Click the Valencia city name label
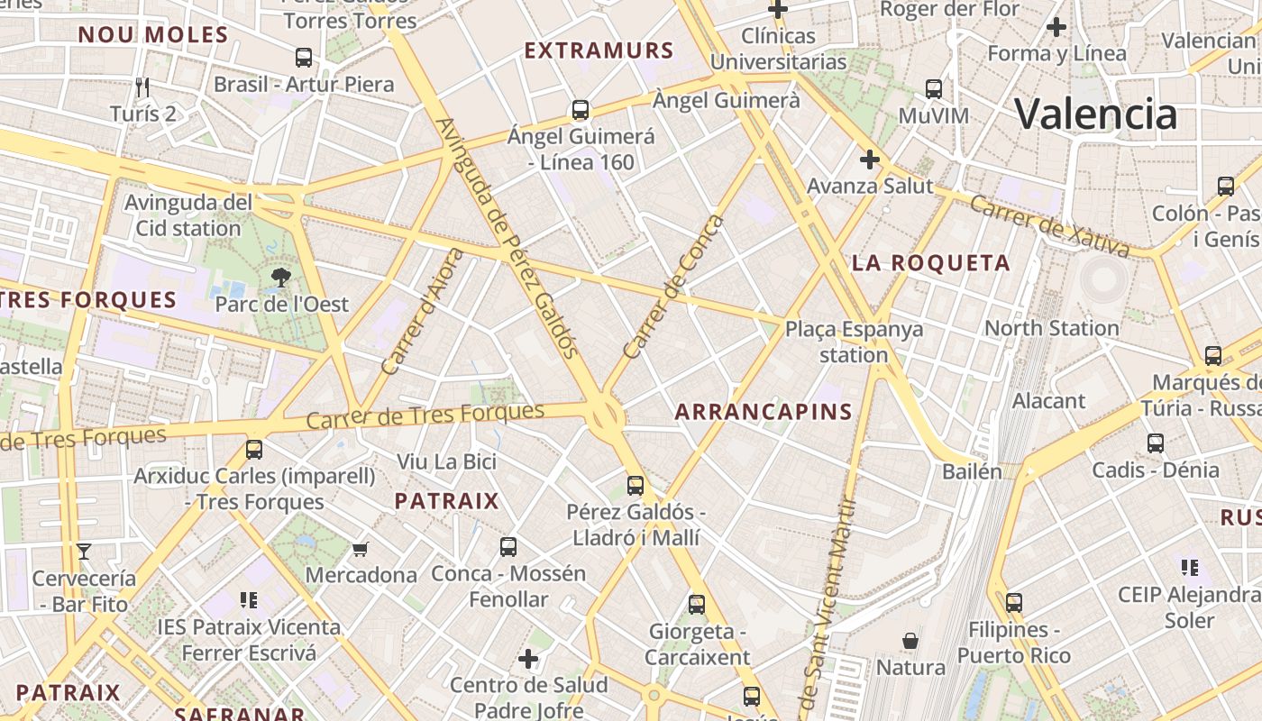coord(1095,114)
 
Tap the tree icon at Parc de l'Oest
coord(281,278)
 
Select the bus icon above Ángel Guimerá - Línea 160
coord(581,110)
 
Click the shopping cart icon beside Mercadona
coord(361,549)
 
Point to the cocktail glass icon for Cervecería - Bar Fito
coord(84,552)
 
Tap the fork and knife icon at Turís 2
coord(142,87)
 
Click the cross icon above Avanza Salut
coord(870,160)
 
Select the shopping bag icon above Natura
coord(910,641)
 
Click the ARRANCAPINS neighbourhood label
coord(764,412)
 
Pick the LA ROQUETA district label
coord(931,263)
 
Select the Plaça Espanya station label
coord(854,342)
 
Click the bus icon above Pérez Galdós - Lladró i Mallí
coord(636,486)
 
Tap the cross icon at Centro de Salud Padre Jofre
coord(528,659)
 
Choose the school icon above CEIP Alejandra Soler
coord(1190,568)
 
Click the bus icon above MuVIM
coord(934,89)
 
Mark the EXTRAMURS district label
coord(599,50)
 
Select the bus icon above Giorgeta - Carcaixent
coord(697,605)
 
